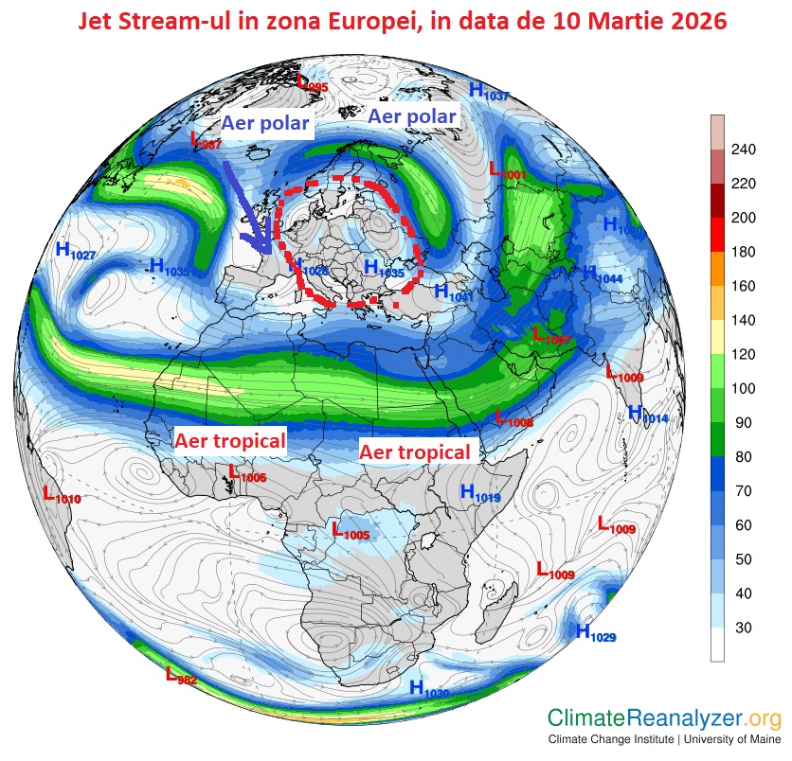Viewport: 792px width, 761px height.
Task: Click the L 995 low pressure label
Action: click(x=312, y=83)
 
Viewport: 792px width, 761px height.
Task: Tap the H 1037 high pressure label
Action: click(x=489, y=92)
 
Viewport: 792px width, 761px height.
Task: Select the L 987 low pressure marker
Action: click(x=206, y=141)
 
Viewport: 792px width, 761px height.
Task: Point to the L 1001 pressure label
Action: click(x=507, y=171)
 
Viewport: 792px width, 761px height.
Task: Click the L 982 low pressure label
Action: click(x=181, y=676)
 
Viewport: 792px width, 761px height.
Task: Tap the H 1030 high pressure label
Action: click(x=428, y=690)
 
